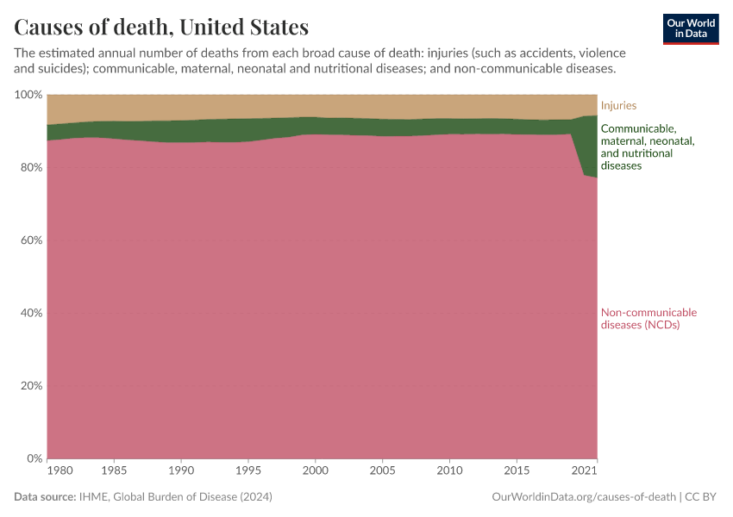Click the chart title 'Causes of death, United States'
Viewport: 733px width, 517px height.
click(161, 27)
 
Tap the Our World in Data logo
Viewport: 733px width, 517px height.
click(690, 28)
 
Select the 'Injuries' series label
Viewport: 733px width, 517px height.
click(618, 105)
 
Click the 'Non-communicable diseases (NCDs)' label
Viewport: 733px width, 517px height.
click(648, 319)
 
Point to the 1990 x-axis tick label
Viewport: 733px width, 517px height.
click(181, 471)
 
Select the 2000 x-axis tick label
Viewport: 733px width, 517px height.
click(315, 471)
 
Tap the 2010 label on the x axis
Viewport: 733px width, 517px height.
click(448, 471)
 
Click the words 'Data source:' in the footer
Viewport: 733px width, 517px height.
click(45, 497)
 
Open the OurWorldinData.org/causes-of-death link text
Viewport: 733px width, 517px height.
click(583, 497)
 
